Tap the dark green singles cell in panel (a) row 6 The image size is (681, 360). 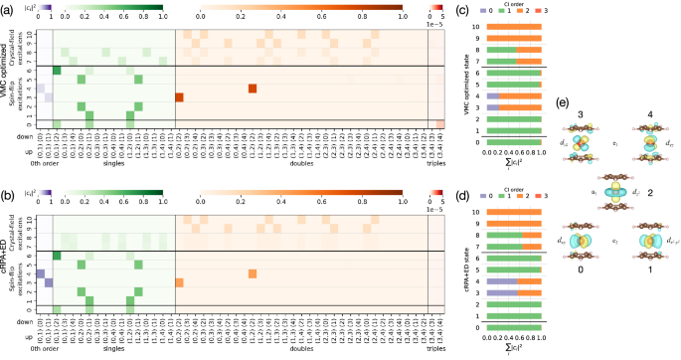[57, 70]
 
